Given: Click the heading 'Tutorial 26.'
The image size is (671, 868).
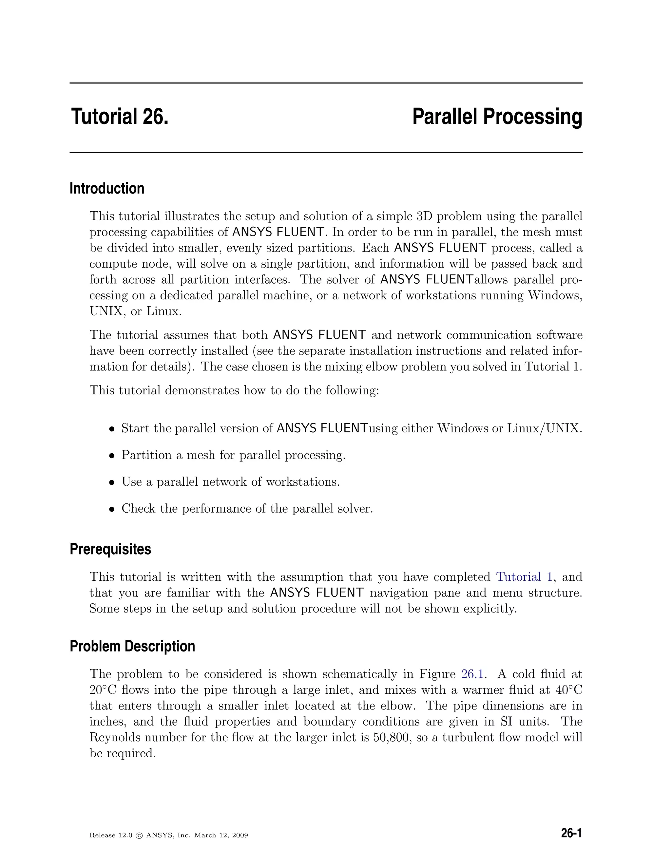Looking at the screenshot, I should coord(120,117).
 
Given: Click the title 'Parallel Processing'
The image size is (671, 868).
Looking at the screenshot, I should coord(497,117).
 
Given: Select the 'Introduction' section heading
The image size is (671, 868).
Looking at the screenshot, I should coord(107,188).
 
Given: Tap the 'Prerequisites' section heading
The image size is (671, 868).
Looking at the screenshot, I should coord(110,549).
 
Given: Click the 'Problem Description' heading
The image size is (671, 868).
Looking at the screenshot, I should coord(132,646).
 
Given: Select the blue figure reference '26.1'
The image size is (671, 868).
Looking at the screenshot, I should coord(472,674).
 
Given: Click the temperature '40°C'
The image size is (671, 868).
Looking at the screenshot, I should coord(568,690).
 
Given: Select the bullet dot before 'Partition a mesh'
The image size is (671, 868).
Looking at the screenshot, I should coord(112,456).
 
